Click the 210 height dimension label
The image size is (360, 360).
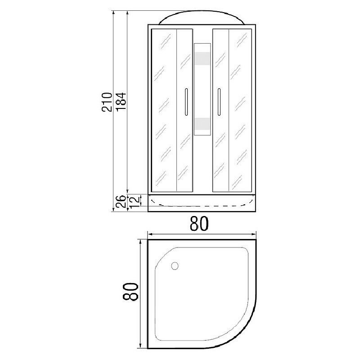(107, 102)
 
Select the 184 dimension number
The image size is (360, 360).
(121, 102)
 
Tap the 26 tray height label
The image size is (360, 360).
(121, 202)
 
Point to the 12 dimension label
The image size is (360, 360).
(135, 202)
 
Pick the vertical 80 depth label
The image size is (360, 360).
(130, 292)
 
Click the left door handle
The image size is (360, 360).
(186, 102)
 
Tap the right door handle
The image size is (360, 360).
(219, 102)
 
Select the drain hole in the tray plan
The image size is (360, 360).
(175, 266)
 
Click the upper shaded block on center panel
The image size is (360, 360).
(202, 58)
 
